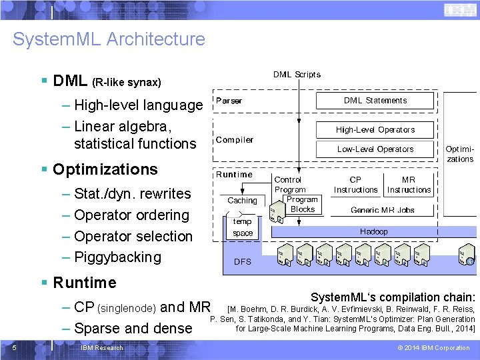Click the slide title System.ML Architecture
pos(109,39)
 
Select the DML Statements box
pos(375,101)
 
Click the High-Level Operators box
pos(375,130)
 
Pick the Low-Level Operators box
pos(375,149)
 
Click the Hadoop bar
pos(374,232)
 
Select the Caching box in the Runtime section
pos(242,201)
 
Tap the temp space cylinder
pos(243,228)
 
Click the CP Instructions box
pos(355,185)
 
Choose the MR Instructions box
pos(409,185)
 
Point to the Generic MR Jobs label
pos(382,210)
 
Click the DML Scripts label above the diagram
pos(297,75)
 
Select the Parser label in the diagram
pos(229,101)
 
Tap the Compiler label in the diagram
pos(234,140)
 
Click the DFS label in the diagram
pos(243,262)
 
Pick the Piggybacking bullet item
pos(117,257)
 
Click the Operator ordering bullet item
pos(131,215)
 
